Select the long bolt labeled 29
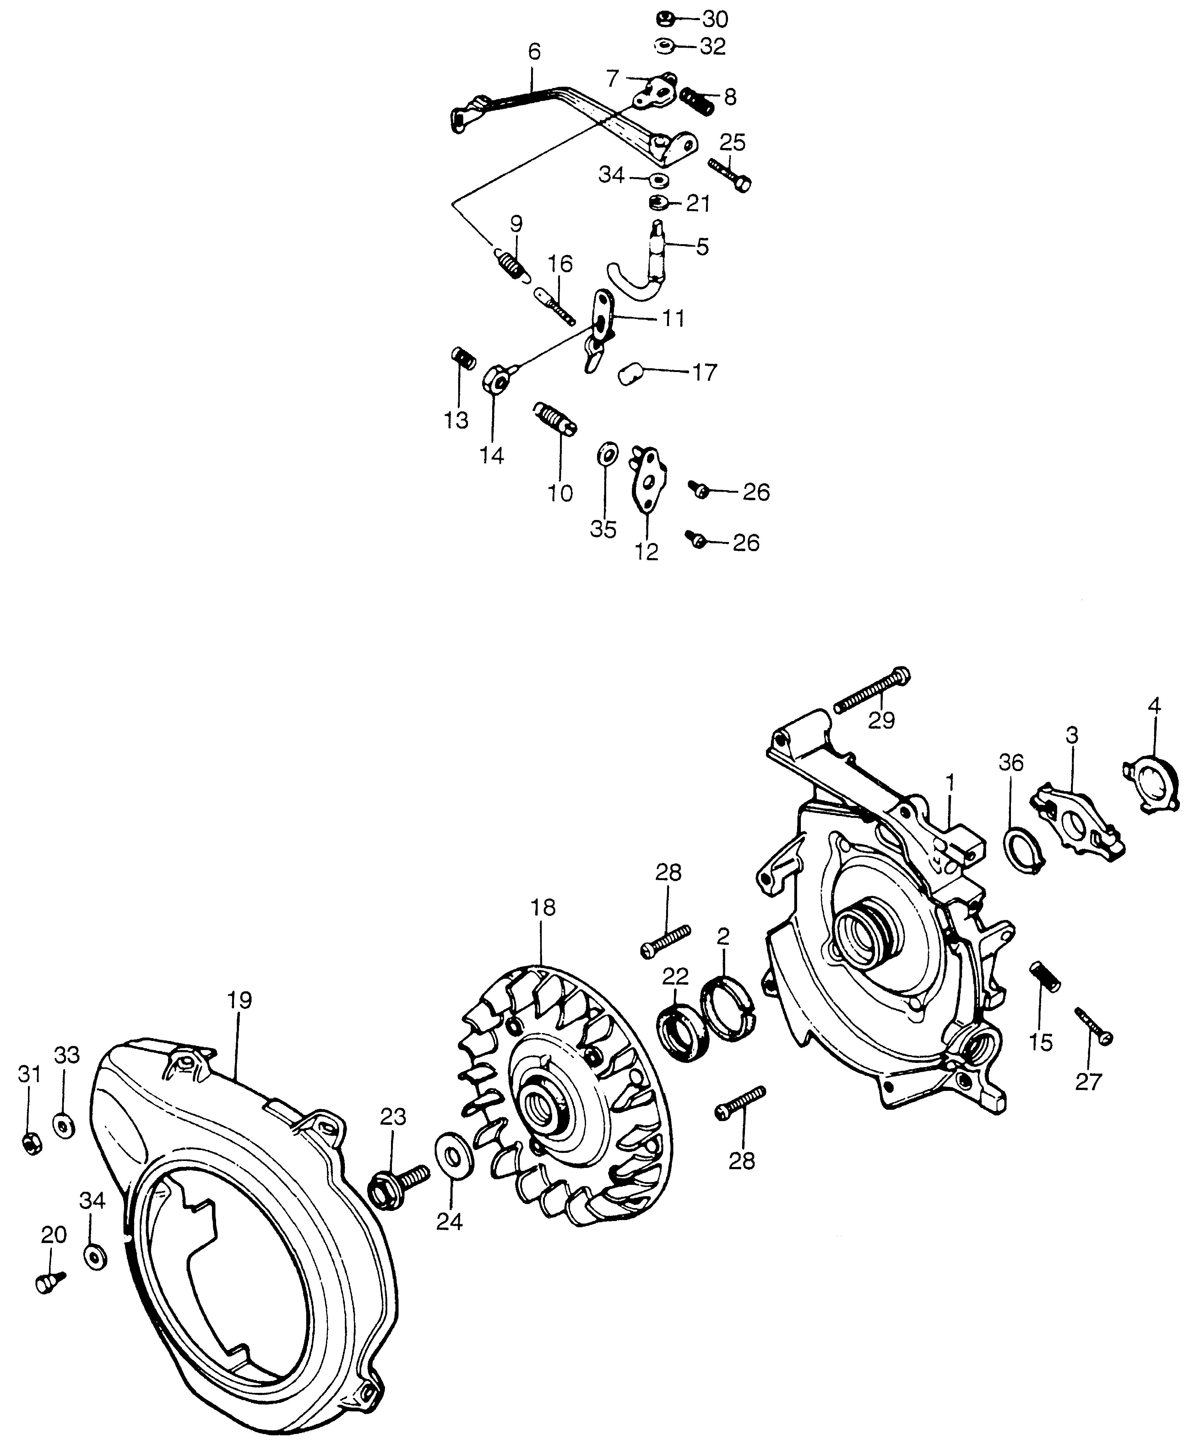pyautogui.click(x=872, y=691)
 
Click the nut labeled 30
pyautogui.click(x=665, y=18)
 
